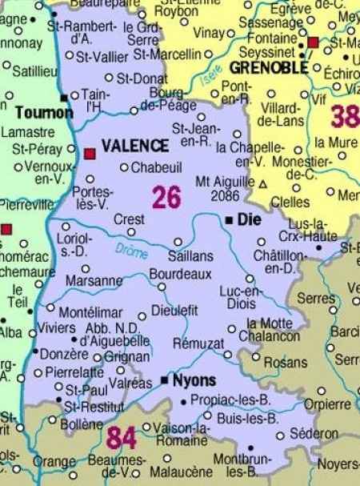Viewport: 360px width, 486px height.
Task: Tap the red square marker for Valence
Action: (90, 152)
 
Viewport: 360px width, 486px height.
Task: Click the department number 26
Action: (166, 197)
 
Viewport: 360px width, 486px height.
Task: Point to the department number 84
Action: (122, 438)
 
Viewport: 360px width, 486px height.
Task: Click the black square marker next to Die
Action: (229, 219)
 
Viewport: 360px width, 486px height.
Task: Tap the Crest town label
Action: (129, 219)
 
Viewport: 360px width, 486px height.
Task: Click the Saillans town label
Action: (190, 256)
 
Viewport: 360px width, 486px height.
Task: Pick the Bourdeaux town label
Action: (180, 275)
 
